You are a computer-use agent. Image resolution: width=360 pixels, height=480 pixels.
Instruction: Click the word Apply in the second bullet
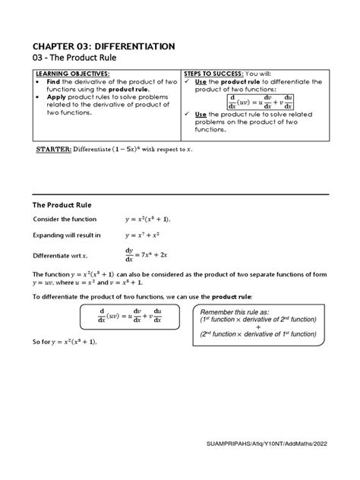coord(62,99)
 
